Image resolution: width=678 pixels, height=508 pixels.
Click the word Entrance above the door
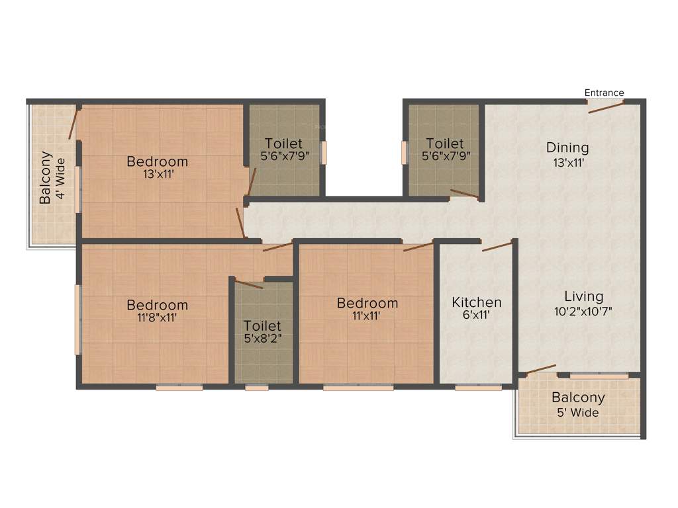[604, 93]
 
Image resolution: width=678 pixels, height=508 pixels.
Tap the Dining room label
[567, 148]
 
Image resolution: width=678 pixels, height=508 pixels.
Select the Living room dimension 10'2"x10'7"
[583, 311]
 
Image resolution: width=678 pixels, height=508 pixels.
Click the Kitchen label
[476, 302]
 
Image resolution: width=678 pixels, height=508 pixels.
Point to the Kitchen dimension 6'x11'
[476, 316]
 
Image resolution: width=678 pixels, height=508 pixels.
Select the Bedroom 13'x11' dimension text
[158, 175]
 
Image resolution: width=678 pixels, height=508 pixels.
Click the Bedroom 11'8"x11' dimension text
[158, 317]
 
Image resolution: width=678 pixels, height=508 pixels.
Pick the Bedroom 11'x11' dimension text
[367, 316]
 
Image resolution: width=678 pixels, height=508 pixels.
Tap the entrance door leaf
[606, 107]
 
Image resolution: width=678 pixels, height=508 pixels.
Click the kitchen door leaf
[498, 246]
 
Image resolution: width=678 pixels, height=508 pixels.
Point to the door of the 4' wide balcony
[73, 124]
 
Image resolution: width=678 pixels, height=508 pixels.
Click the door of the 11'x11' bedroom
[418, 247]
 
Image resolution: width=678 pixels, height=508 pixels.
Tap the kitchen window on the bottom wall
[478, 388]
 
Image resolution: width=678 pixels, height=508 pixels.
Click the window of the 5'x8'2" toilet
[256, 388]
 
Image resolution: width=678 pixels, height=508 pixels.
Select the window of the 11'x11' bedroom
[358, 388]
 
